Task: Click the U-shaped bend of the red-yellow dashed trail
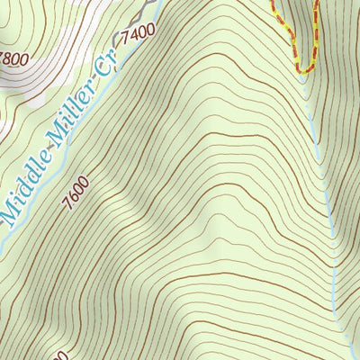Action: [x=304, y=68]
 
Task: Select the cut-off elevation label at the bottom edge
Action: [x=61, y=355]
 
